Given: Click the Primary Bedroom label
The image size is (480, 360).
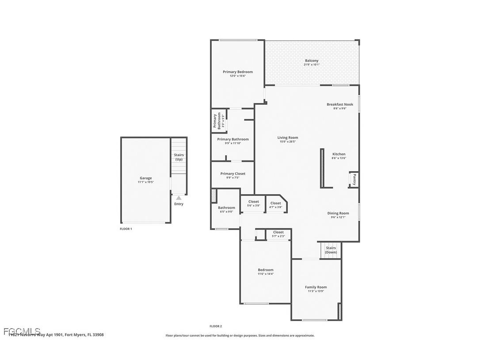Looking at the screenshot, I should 237,72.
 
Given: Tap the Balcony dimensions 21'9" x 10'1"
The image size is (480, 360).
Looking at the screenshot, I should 312,65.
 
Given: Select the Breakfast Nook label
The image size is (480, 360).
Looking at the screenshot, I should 339,104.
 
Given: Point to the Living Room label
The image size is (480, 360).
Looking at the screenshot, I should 288,138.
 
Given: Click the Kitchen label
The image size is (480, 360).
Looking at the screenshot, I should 339,154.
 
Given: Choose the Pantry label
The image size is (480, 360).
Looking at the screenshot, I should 354,180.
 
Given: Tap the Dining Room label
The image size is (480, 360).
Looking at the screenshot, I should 338,213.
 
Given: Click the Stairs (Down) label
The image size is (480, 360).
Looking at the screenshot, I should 331,250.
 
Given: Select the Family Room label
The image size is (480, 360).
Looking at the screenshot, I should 316,287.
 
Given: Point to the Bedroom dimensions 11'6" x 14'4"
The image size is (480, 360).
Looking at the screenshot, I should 266,274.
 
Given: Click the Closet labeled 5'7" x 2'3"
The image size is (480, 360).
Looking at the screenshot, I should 278,232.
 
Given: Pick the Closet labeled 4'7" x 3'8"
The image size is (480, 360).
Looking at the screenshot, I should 276,203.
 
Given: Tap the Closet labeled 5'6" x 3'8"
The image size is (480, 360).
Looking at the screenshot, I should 254,202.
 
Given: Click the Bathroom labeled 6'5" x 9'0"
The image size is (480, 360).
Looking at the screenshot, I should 226,208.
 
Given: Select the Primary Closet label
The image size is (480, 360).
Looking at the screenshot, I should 232,174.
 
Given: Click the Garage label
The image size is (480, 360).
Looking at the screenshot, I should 146,178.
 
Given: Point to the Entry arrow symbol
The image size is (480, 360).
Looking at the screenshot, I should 179,198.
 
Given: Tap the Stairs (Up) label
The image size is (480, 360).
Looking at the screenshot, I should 179,157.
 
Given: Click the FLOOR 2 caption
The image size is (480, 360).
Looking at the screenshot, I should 216,326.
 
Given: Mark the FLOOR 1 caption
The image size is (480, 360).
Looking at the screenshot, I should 126,229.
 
